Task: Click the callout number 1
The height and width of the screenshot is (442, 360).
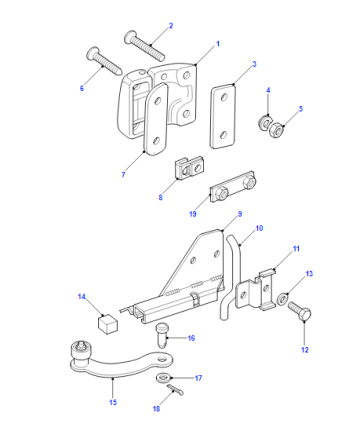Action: pos(218,44)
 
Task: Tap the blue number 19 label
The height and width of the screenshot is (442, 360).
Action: pos(193,214)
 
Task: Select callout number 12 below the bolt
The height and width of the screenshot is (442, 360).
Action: pos(305,350)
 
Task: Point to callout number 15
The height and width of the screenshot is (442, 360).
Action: pos(113,402)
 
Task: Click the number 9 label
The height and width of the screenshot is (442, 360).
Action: pos(240,214)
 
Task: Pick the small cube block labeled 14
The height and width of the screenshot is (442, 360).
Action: pos(108,323)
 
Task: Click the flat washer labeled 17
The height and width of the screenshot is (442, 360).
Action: pos(164,378)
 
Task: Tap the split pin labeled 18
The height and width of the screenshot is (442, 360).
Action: pos(175,390)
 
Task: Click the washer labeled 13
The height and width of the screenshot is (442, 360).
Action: pos(282,298)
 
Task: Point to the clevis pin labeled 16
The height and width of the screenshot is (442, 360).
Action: pos(162,335)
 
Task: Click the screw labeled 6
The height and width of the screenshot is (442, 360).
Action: pos(104,61)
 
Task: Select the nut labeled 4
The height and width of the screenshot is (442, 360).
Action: pos(265,123)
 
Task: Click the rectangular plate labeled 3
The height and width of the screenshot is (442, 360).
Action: pos(223,116)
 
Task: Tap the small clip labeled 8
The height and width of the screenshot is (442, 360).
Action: pos(189,167)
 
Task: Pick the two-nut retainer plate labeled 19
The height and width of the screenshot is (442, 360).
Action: pos(233,187)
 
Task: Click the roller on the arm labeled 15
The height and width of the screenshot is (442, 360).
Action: pos(80,353)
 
